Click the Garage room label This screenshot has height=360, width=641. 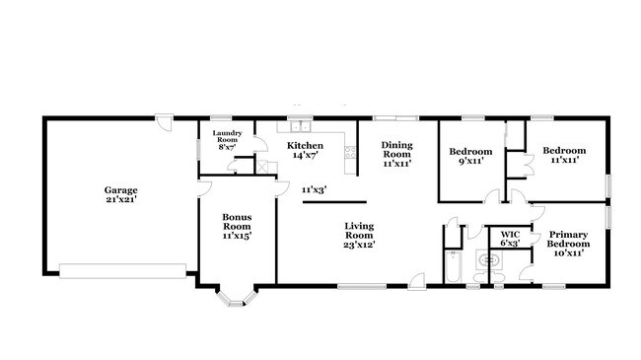pos(121,190)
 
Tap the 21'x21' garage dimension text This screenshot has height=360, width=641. pos(121,200)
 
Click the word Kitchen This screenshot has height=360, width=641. pos(305,145)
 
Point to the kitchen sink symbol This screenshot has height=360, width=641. pos(297,126)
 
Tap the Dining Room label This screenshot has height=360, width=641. pos(396,150)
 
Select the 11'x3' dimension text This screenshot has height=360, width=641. pos(314,188)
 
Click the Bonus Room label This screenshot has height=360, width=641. pos(237,222)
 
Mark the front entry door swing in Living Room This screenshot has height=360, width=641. pos(418,279)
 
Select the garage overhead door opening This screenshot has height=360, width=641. pos(122,267)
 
